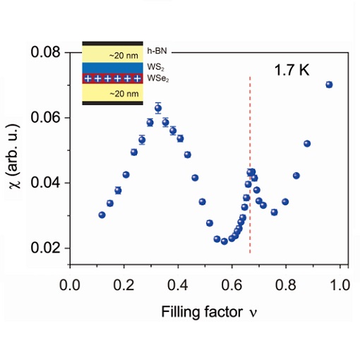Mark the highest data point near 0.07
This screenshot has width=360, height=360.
(x=329, y=85)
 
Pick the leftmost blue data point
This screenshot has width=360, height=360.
(x=102, y=215)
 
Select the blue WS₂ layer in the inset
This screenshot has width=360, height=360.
(x=113, y=67)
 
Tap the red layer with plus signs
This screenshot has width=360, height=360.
(x=113, y=78)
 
